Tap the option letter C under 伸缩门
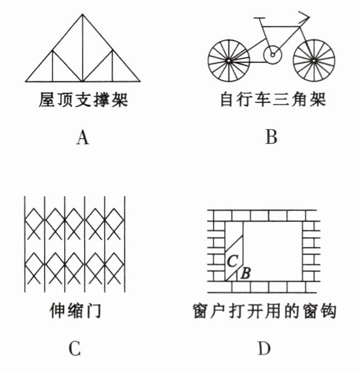[75, 349]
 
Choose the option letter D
[264, 349]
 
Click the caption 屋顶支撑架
[83, 101]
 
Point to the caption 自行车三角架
[272, 101]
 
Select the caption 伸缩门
[75, 310]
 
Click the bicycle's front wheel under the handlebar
[314, 59]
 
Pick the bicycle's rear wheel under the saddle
[228, 59]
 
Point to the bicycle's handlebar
[300, 17]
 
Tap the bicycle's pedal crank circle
[272, 55]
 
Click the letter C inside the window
[233, 260]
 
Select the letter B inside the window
[246, 272]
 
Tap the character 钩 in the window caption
[329, 310]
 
